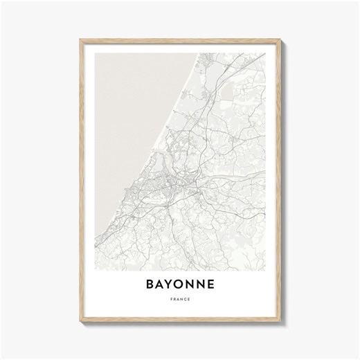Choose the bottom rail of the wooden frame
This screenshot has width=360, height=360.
tap(180, 318)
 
